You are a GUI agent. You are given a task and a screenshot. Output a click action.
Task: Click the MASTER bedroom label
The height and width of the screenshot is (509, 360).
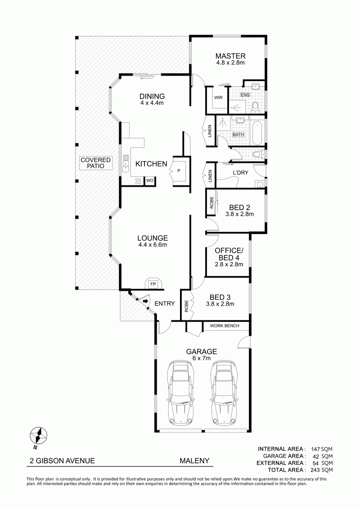click(x=230, y=56)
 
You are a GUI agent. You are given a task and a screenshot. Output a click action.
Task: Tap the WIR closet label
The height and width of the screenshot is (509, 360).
click(x=218, y=97)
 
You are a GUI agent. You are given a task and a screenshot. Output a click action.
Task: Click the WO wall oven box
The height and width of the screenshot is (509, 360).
click(x=150, y=180)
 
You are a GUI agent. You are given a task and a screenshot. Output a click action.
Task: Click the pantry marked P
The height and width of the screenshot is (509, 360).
click(x=179, y=171)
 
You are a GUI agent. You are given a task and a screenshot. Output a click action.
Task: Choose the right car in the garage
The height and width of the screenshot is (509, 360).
click(x=225, y=392)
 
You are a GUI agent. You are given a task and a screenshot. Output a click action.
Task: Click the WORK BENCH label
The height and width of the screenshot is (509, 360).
click(x=225, y=325)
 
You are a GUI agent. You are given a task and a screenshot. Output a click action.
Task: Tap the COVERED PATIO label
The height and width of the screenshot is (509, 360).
click(x=95, y=163)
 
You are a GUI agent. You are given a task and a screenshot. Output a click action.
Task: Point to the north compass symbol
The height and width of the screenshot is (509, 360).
click(x=39, y=436)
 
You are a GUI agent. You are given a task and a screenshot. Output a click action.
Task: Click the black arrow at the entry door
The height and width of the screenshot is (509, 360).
click(x=146, y=302)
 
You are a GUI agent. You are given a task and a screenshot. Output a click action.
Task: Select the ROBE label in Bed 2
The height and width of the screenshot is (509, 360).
click(x=211, y=202)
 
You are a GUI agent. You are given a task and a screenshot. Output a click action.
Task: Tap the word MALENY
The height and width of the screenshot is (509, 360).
click(x=194, y=461)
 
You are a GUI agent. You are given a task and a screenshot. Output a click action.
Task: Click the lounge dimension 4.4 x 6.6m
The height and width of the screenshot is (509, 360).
click(x=152, y=245)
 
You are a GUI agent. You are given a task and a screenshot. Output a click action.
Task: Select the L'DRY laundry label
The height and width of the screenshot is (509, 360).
click(x=241, y=173)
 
